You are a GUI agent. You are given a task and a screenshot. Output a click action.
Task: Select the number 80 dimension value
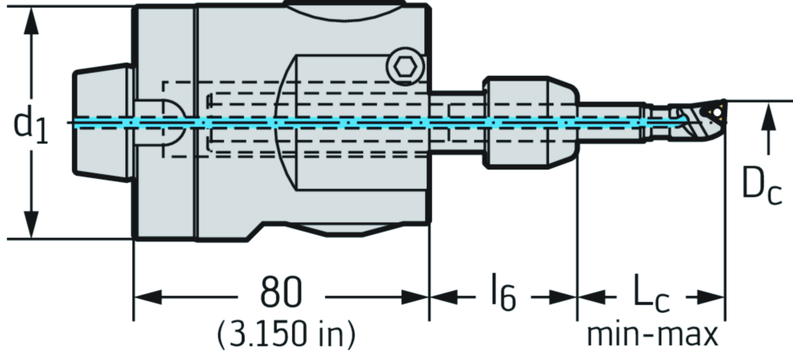coord(280,294)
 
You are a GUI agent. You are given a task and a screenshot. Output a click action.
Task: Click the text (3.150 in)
coord(287,334)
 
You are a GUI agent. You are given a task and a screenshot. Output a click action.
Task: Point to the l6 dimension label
coord(503,295)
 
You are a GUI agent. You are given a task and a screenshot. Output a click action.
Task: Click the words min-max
coord(652,334)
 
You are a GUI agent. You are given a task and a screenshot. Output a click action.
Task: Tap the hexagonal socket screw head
coord(404,67)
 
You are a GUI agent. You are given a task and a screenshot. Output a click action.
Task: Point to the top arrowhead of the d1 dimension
coord(31,20)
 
